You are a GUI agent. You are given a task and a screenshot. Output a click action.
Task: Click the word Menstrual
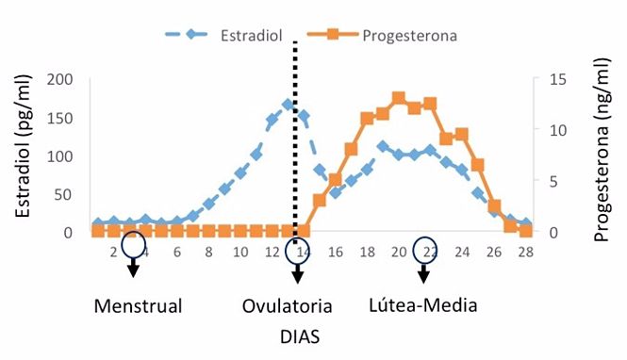[138, 306]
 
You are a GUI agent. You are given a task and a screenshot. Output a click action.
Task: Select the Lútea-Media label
[423, 306]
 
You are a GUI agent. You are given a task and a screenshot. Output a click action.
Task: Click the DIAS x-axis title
[298, 335]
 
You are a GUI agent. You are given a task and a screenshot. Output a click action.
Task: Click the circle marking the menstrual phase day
[134, 246]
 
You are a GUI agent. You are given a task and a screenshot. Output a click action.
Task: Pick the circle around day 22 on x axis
[425, 248]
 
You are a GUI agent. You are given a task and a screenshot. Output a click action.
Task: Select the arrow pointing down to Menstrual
[134, 269]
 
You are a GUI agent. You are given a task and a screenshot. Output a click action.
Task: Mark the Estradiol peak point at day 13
[288, 105]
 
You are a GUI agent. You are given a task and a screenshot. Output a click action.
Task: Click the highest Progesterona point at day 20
[399, 98]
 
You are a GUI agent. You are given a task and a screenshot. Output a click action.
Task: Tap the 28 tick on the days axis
[525, 252]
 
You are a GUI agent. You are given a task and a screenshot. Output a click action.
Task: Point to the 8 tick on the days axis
[208, 252]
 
